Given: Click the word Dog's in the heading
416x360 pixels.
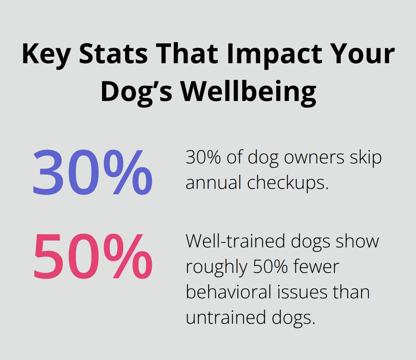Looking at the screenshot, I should point(136,93).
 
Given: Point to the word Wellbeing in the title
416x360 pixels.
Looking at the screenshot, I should point(249,93).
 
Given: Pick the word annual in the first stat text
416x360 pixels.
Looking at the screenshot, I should point(214,183).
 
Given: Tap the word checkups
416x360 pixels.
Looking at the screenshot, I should point(288,183).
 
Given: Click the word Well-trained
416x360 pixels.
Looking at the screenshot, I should point(236,241).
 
